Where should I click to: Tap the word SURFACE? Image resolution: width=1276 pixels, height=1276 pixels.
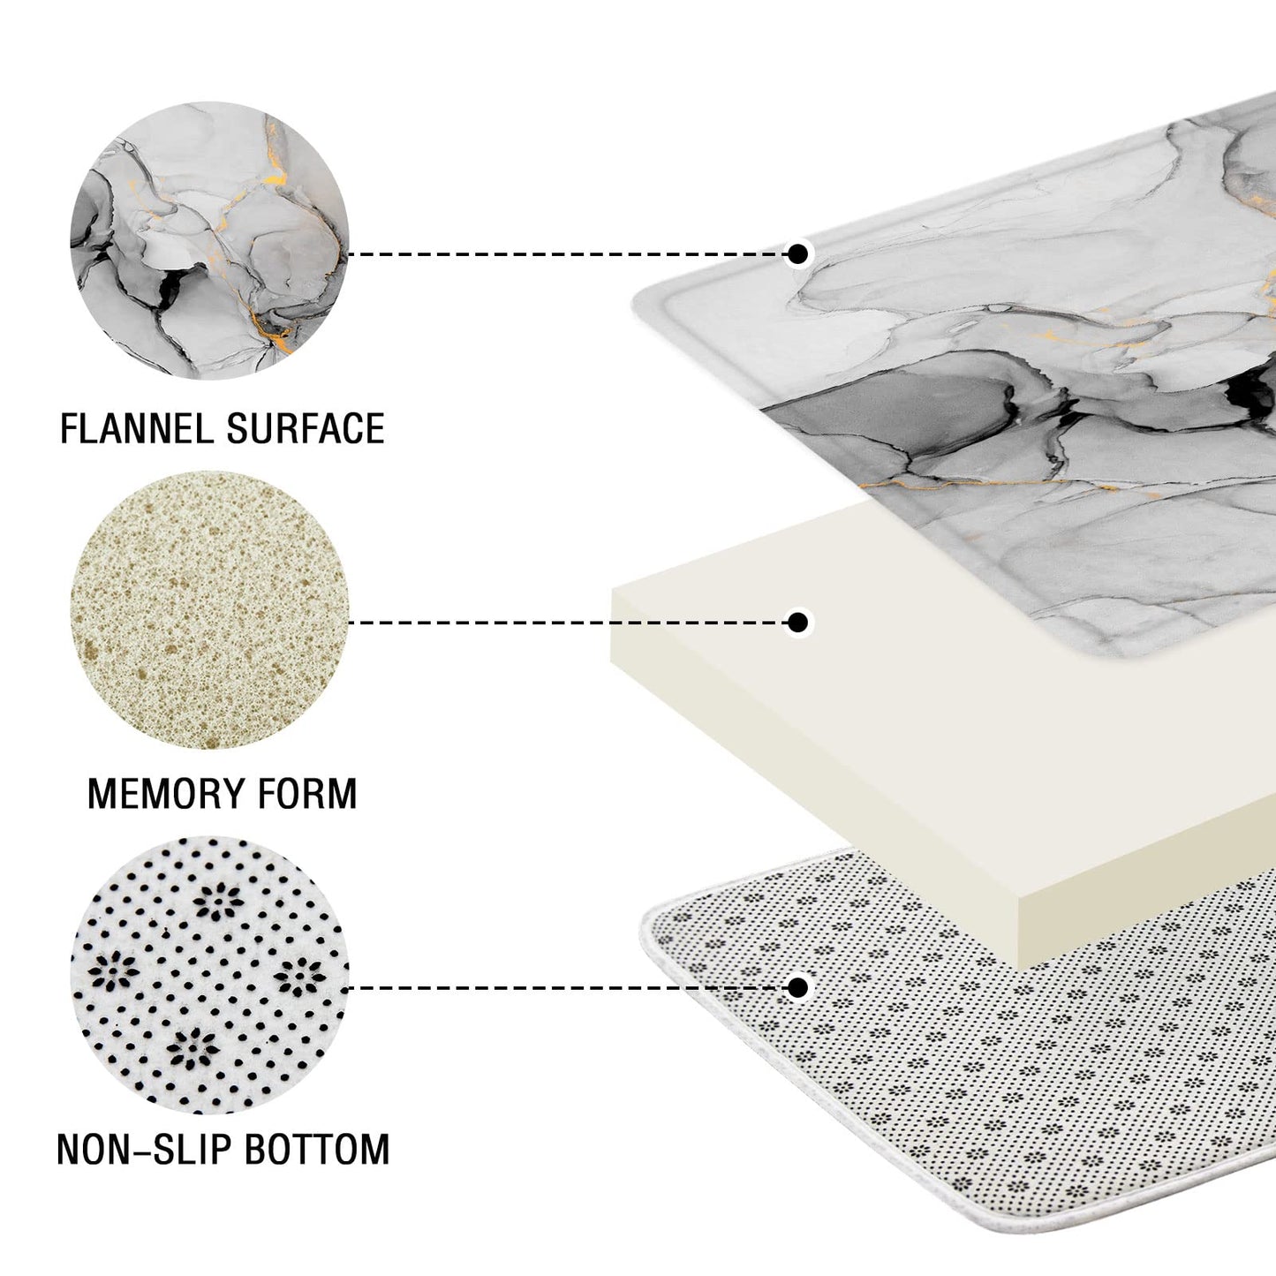click(x=306, y=428)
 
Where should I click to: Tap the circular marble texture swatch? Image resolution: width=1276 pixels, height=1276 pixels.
click(x=210, y=240)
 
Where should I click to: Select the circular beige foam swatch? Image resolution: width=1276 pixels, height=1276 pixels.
click(x=210, y=610)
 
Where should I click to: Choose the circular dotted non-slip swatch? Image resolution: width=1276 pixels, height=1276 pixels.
click(x=210, y=976)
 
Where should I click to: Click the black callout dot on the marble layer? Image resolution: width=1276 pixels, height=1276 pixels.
click(x=798, y=253)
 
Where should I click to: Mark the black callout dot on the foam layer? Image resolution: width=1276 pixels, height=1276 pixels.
click(x=798, y=623)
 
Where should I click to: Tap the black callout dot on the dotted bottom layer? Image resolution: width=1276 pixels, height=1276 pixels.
click(x=798, y=987)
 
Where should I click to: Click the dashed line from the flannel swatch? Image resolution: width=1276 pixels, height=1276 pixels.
click(x=567, y=253)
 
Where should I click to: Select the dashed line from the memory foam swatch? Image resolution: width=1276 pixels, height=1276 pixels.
click(x=567, y=623)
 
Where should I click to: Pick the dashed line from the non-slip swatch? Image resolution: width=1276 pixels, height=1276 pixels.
click(x=567, y=988)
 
